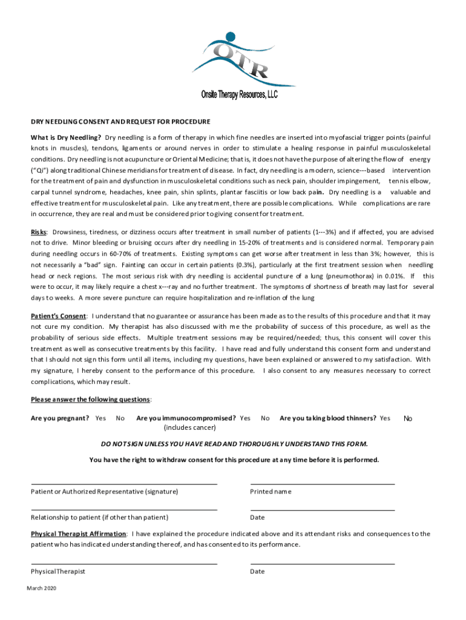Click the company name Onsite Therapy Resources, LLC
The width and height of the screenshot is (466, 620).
(x=239, y=94)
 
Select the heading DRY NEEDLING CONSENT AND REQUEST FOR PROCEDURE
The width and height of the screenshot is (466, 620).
(x=120, y=121)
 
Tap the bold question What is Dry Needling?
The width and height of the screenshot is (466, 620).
(x=66, y=137)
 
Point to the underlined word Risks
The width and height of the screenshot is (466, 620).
(x=40, y=232)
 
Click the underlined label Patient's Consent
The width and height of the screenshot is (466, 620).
(x=59, y=316)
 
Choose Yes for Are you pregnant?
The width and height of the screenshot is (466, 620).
(x=100, y=418)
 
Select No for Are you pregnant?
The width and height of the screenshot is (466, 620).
(x=120, y=418)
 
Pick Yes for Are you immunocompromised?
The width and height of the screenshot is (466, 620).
(x=245, y=418)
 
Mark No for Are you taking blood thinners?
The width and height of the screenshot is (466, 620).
(x=408, y=418)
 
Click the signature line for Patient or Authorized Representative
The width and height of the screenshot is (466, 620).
(x=124, y=484)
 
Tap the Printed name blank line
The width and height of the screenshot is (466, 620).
(x=323, y=484)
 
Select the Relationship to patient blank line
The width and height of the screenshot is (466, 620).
(x=124, y=510)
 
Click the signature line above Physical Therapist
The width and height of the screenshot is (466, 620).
(x=124, y=564)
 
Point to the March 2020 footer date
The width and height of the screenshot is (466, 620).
(x=42, y=588)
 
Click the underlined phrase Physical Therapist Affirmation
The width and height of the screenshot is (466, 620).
(x=79, y=534)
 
